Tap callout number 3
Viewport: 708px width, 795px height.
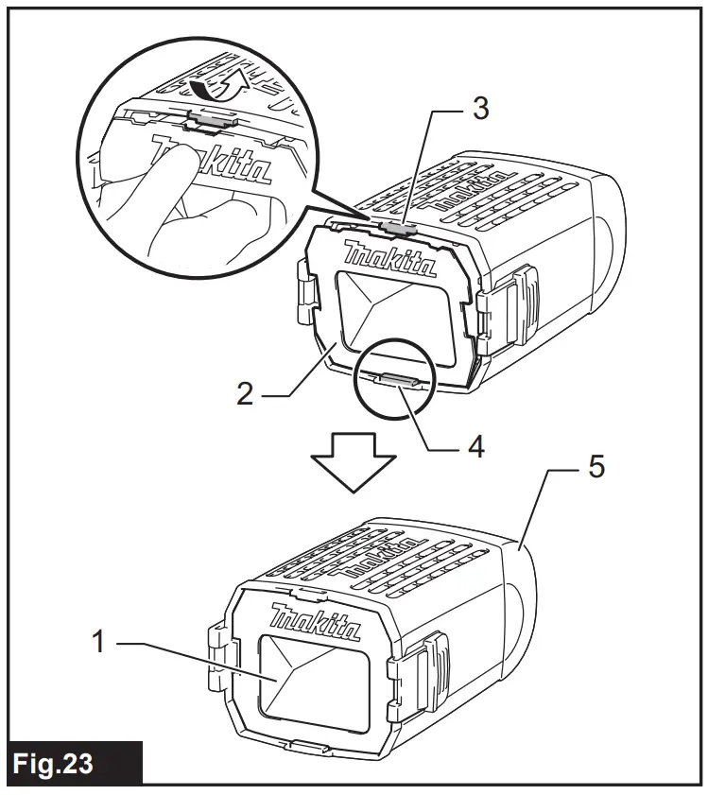coord(481,109)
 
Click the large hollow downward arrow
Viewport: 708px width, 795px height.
coord(353,461)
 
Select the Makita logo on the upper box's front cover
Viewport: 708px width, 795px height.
coord(389,264)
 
